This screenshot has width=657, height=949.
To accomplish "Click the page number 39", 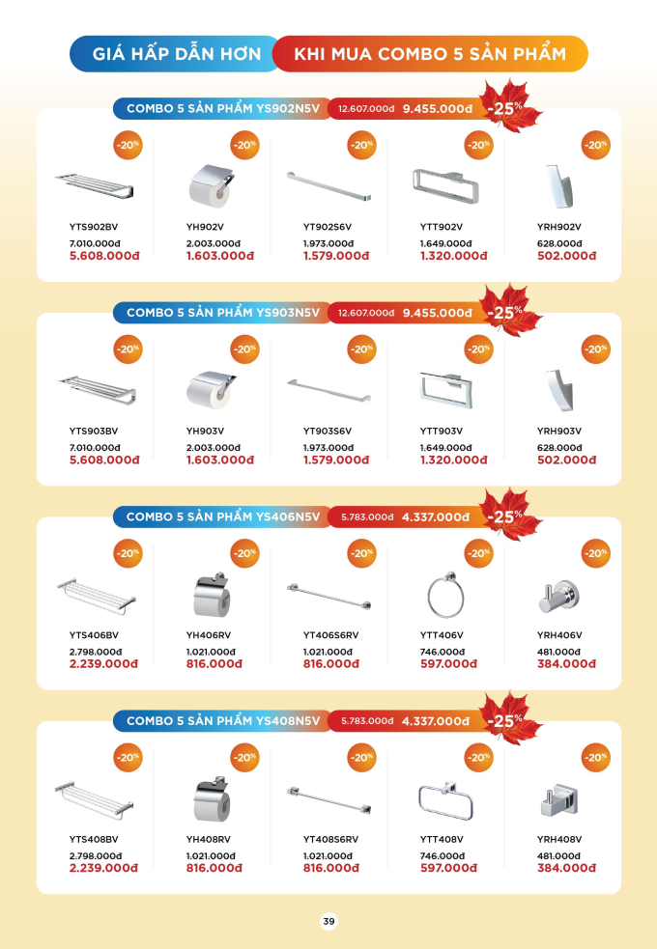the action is point(328,921).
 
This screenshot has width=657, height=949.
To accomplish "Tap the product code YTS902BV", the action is point(94,227).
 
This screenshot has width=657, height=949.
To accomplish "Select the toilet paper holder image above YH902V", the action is point(212,185).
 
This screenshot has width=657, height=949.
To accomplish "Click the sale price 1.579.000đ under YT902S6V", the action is point(336,256).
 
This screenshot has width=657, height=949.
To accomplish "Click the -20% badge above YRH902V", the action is point(595,145).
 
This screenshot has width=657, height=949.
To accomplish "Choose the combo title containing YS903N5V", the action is point(223,313).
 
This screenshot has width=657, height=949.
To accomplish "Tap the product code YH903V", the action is point(205,431).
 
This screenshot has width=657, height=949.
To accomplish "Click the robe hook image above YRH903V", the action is point(558,390).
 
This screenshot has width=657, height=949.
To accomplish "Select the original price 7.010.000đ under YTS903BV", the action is point(95,448).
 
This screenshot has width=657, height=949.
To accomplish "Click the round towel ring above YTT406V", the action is point(445,594).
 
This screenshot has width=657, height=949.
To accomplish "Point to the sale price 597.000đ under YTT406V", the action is point(448,664).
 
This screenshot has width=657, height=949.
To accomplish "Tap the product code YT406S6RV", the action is point(330,635).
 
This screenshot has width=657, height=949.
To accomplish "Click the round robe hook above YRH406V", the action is point(558,597).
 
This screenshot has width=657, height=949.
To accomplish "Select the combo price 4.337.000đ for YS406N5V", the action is point(436,517).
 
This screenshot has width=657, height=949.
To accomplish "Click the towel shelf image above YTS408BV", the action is point(95,799).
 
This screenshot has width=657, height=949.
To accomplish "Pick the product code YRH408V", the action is point(558,840).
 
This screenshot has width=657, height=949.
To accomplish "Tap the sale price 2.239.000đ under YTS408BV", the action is point(103,868).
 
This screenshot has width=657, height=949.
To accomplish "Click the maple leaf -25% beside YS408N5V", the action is point(507,718).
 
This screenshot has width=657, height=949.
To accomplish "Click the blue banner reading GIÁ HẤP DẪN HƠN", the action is point(176,54).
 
